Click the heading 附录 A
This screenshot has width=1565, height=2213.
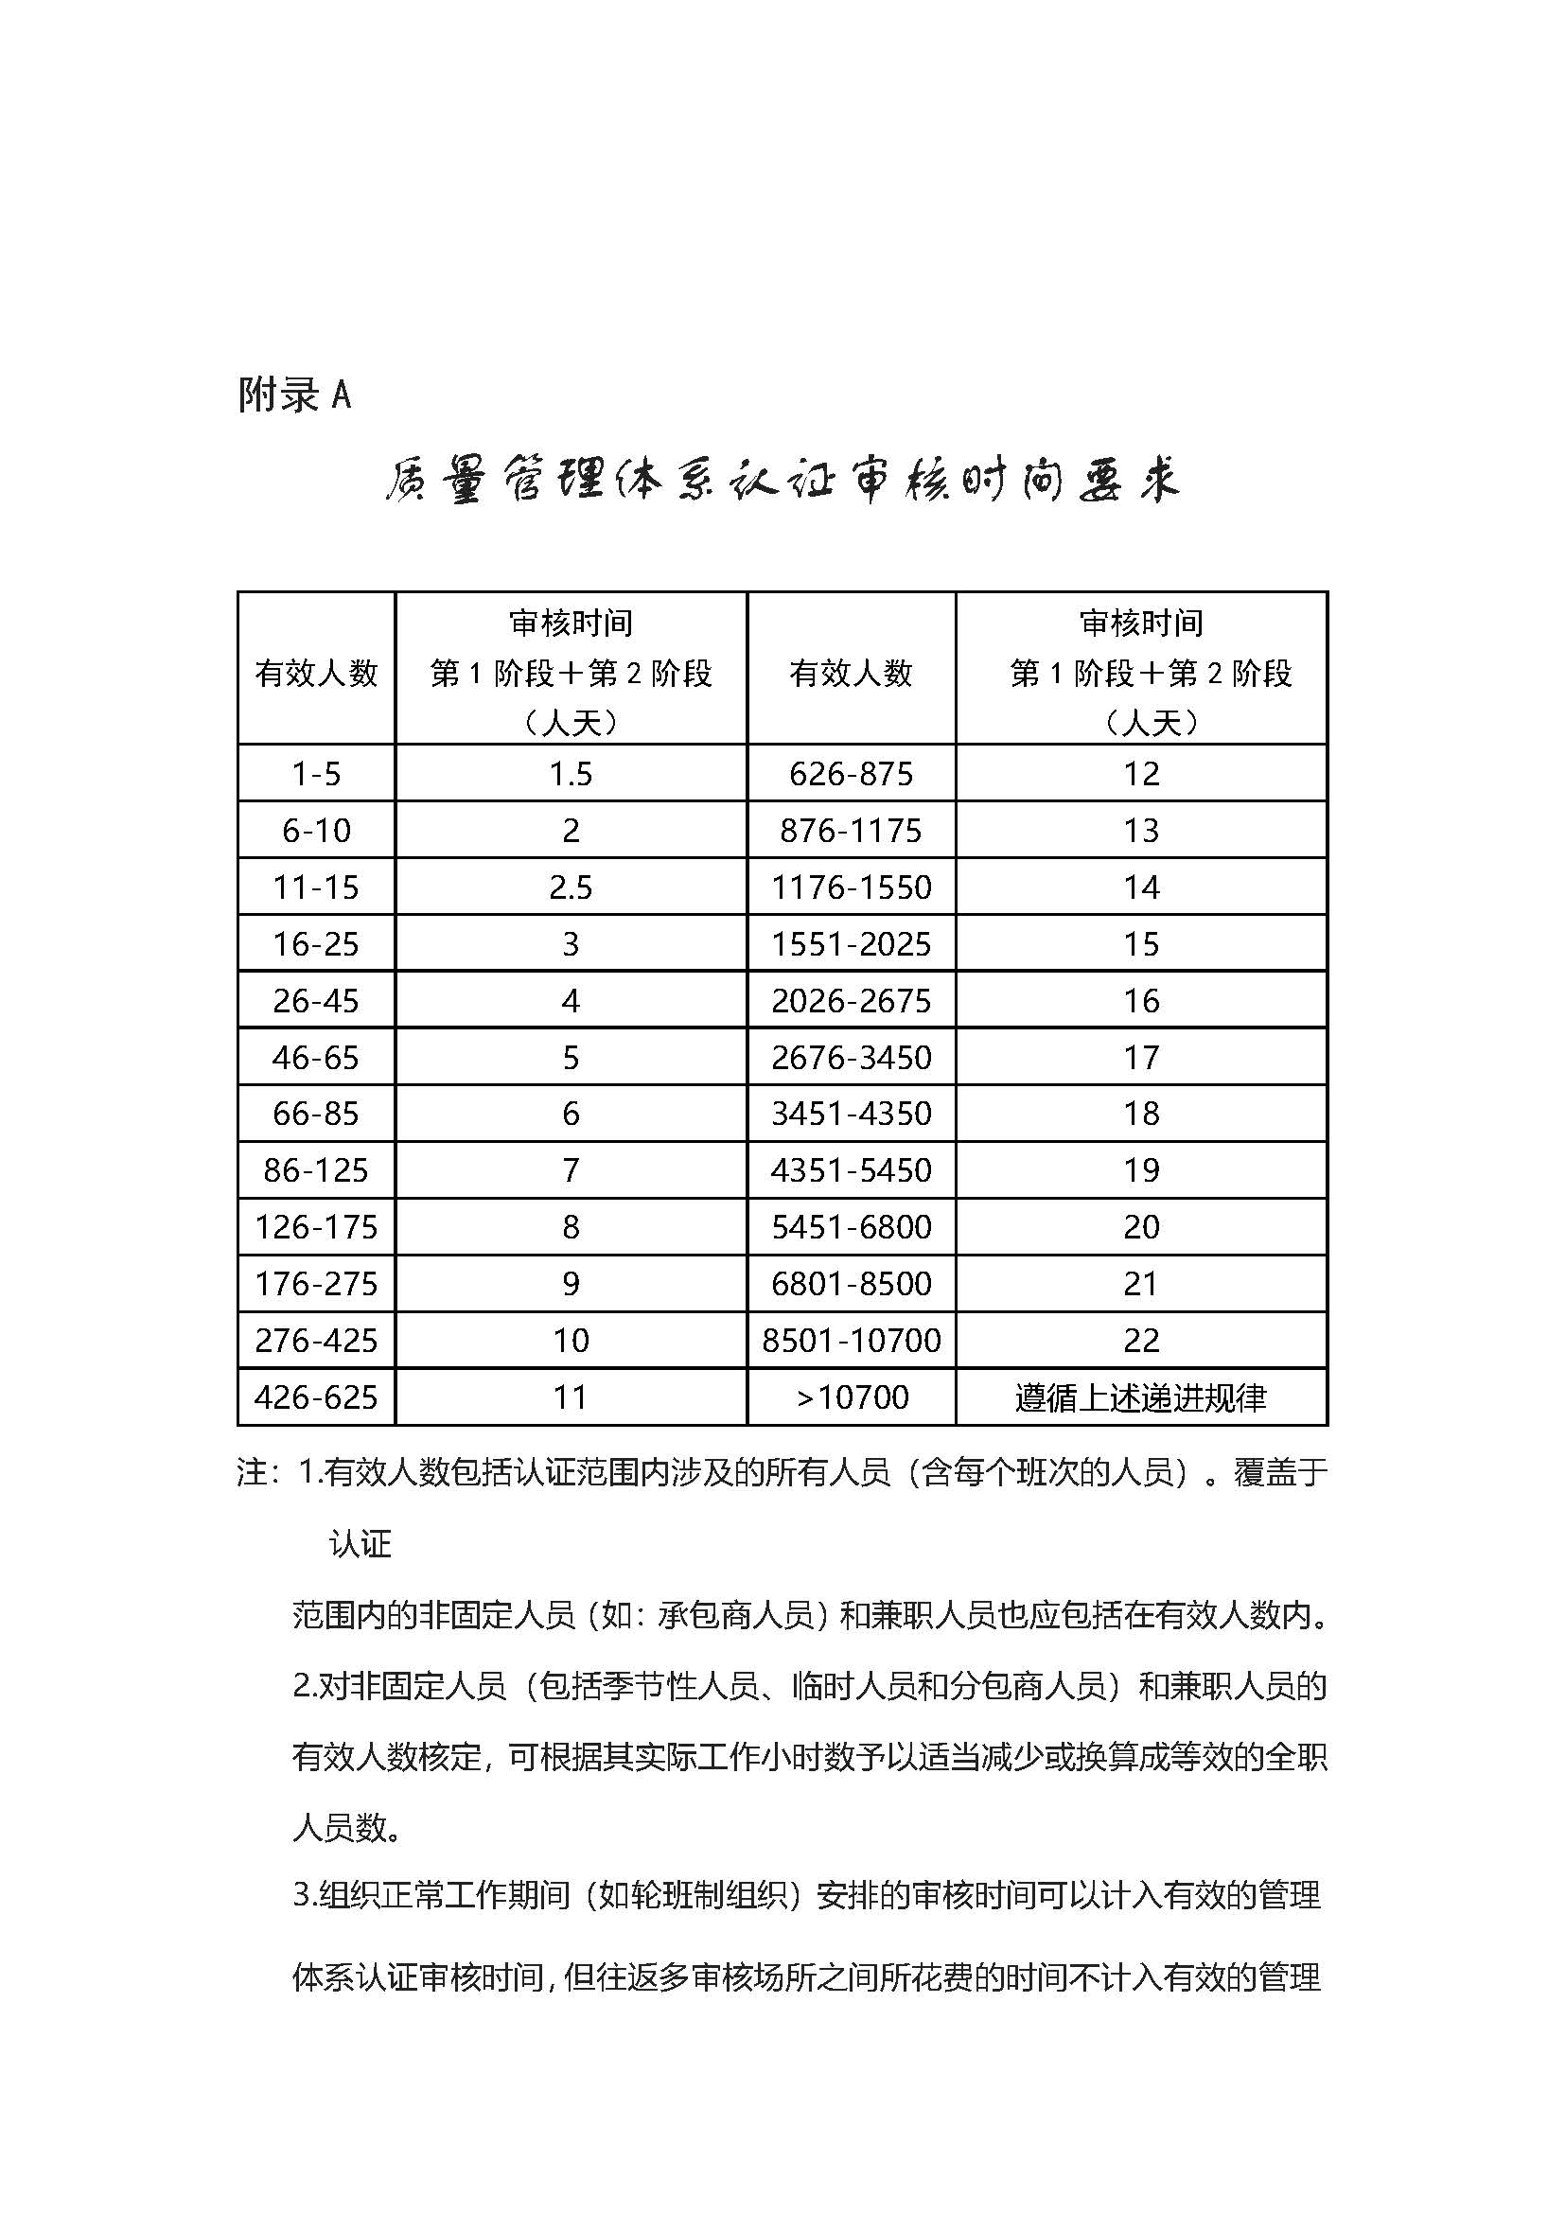tap(294, 395)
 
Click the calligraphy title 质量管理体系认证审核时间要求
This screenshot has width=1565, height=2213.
tap(782, 479)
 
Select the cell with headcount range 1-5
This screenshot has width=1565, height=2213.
tap(316, 774)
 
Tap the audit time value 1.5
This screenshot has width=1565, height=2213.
tap(571, 774)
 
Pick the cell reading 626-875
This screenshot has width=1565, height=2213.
tap(851, 774)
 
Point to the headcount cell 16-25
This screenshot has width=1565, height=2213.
tap(316, 943)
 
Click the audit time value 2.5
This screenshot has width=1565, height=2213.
tap(571, 887)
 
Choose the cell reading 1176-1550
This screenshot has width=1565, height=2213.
tap(851, 887)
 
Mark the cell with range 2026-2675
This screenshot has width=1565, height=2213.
tap(851, 1000)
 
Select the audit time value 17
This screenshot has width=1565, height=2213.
tap(1141, 1058)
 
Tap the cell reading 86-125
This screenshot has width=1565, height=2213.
tap(316, 1170)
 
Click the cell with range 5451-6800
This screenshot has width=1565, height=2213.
tap(851, 1227)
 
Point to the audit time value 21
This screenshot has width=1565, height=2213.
tap(1141, 1284)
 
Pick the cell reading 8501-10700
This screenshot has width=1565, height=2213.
tap(851, 1341)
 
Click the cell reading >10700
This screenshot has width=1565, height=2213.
tap(851, 1397)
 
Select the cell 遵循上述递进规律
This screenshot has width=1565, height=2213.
tap(1141, 1397)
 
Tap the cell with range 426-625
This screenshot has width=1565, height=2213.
tap(316, 1397)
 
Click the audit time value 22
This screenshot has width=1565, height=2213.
tap(1141, 1341)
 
